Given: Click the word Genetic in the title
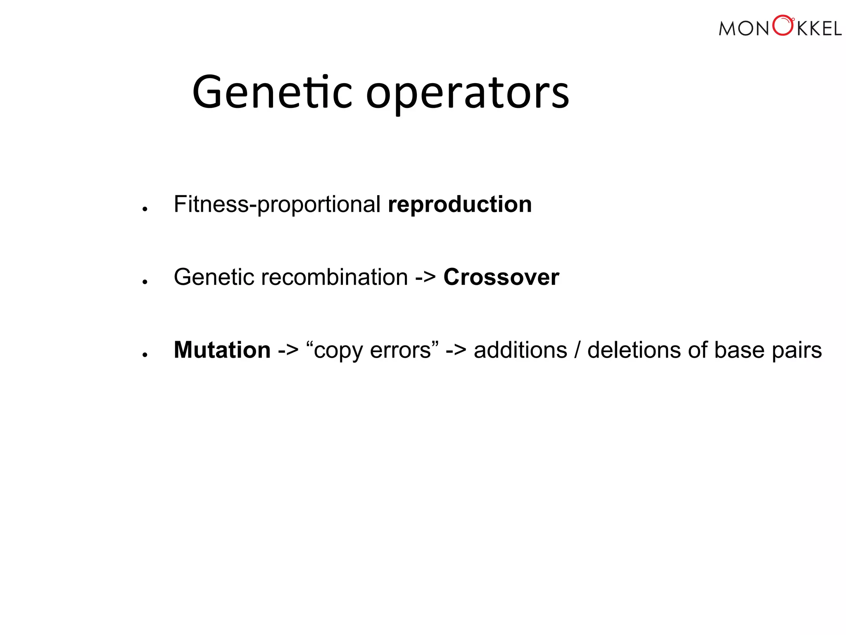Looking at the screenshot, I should (x=272, y=93).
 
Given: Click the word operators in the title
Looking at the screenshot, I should (x=467, y=94).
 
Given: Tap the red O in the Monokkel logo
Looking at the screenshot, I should (x=782, y=26).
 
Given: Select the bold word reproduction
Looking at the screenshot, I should (x=460, y=205).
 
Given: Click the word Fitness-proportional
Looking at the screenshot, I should (x=277, y=205).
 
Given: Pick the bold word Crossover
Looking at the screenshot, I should (x=501, y=277).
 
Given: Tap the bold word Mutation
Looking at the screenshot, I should (x=222, y=350).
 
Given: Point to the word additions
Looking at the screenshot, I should (x=520, y=350).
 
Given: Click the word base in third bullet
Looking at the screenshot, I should (x=739, y=350).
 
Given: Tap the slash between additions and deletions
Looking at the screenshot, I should (x=577, y=350).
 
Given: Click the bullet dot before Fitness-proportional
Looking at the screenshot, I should (x=145, y=209).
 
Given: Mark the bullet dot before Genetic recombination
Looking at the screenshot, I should (x=145, y=282).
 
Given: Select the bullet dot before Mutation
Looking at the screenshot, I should (x=145, y=355).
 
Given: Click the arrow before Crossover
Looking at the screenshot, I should (x=425, y=277).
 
